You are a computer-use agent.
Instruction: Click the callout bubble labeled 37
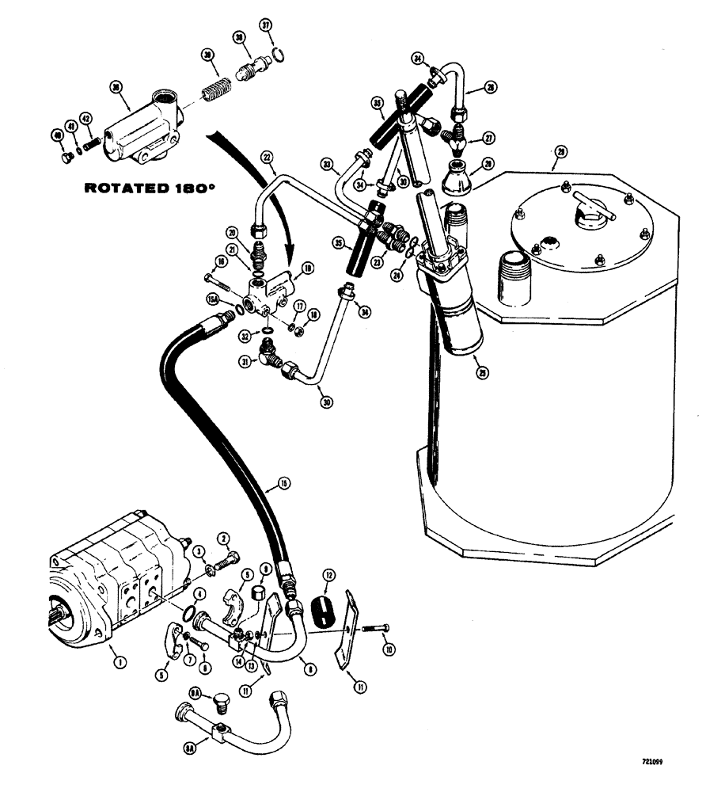tap(267, 29)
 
